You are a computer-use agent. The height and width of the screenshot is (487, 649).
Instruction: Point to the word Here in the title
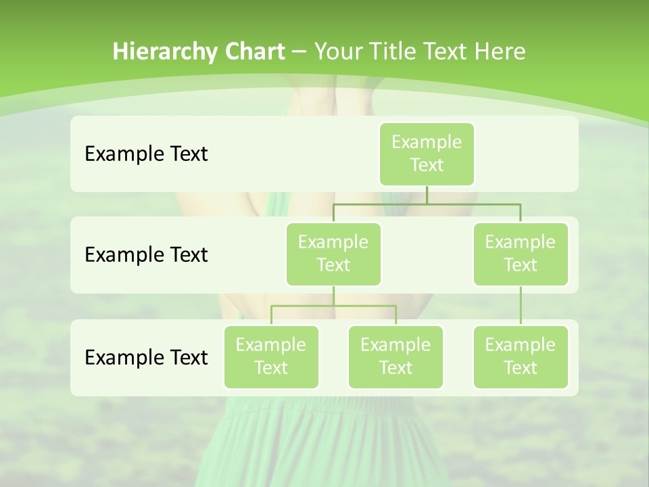click(500, 52)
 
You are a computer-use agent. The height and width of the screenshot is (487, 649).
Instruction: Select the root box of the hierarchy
click(427, 154)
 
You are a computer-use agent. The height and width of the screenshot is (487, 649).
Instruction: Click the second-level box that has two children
click(333, 254)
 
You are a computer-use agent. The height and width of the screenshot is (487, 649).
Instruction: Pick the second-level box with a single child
click(521, 254)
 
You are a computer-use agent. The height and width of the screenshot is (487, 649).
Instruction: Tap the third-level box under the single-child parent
click(521, 356)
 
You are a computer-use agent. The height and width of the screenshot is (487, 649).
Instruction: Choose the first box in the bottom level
click(271, 356)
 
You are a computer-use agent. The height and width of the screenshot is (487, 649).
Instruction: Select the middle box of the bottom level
click(395, 356)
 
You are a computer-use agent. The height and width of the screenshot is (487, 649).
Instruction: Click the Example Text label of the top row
click(146, 154)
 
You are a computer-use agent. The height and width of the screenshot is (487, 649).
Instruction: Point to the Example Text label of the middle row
click(146, 255)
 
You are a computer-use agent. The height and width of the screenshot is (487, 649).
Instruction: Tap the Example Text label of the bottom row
click(146, 357)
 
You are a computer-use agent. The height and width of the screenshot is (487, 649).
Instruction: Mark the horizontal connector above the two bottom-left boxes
click(333, 306)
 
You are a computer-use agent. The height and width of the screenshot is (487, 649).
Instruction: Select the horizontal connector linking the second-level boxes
click(427, 204)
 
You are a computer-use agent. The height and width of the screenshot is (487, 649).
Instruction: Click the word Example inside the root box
click(427, 142)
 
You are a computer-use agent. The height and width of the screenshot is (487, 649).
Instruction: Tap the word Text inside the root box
click(427, 165)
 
